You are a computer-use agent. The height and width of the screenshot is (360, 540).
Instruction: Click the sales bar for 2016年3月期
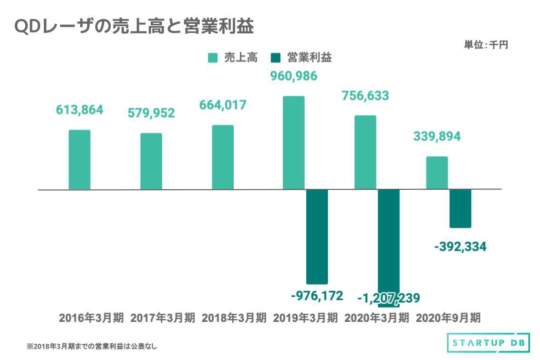[x=80, y=160]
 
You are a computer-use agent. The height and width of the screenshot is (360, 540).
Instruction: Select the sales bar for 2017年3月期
[x=151, y=161]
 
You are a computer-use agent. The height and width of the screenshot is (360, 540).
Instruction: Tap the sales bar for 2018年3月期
[x=223, y=157]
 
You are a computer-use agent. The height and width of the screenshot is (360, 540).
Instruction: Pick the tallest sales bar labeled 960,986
[x=294, y=143]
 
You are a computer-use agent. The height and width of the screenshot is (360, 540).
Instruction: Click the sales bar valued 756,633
[x=365, y=152]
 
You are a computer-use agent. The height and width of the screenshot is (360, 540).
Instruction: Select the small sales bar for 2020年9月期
[x=437, y=173]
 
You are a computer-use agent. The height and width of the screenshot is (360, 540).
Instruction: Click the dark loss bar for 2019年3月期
[x=317, y=237]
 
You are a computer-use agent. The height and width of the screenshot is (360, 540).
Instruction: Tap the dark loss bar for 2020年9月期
[x=460, y=208]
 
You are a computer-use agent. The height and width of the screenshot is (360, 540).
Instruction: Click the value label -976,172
[x=317, y=296]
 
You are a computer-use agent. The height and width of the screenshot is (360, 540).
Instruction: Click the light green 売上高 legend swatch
[x=213, y=58]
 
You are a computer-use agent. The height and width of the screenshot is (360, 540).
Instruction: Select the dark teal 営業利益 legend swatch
[x=275, y=58]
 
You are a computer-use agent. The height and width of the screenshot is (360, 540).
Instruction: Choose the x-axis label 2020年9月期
[x=448, y=318]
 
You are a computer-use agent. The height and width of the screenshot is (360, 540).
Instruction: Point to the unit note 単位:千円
[x=486, y=45]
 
